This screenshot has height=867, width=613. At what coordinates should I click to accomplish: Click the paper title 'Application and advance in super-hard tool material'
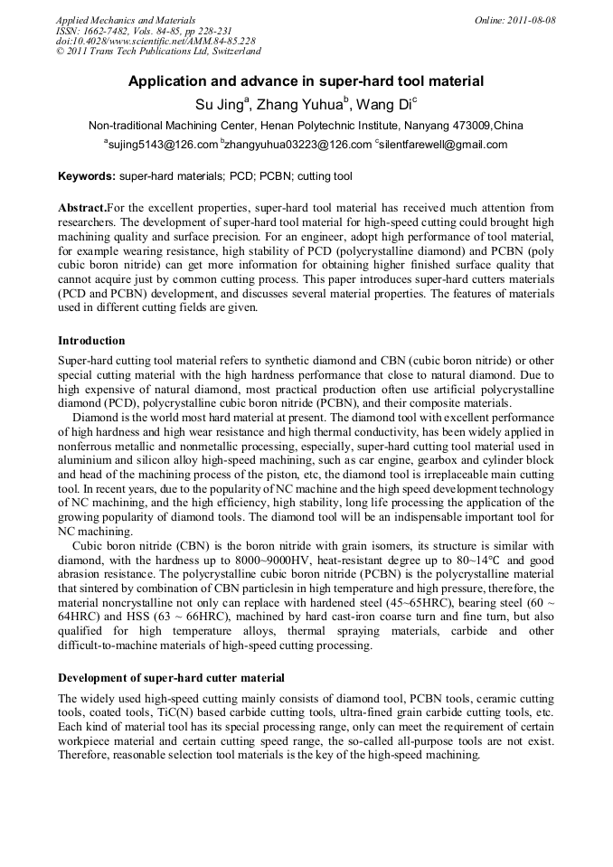click(306, 81)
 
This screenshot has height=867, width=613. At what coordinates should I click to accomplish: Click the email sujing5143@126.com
click(163, 145)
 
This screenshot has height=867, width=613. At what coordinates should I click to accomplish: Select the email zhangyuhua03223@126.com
click(298, 145)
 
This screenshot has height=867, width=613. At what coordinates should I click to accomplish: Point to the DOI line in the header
click(155, 42)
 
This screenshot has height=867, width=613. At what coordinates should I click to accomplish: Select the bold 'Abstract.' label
click(82, 208)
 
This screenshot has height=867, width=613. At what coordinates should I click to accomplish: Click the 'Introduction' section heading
click(91, 341)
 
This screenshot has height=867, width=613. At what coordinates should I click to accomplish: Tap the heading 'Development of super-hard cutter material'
click(171, 678)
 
